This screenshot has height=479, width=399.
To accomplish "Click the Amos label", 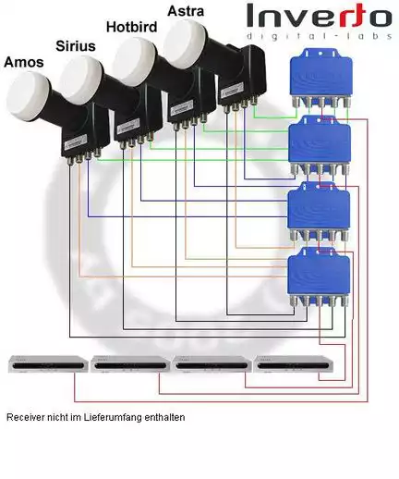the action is pyautogui.click(x=24, y=62).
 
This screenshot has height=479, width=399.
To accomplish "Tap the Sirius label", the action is pyautogui.click(x=76, y=46).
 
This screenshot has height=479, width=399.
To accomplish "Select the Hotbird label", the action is pyautogui.click(x=131, y=27).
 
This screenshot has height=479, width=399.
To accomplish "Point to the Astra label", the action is pyautogui.click(x=186, y=11).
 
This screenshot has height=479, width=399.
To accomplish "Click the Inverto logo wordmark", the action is pyautogui.click(x=319, y=16).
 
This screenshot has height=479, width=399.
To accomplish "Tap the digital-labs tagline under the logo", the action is pyautogui.click(x=319, y=36).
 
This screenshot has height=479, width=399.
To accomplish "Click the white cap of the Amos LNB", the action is pyautogui.click(x=29, y=96).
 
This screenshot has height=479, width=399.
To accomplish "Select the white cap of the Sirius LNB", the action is pyautogui.click(x=80, y=80).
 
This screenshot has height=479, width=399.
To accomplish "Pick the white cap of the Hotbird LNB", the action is pyautogui.click(x=134, y=61).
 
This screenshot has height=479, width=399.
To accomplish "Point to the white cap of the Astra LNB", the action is pyautogui.click(x=186, y=43).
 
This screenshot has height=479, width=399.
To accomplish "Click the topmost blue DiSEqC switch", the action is pyautogui.click(x=321, y=78).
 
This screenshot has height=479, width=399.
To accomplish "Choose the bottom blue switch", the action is pyautogui.click(x=319, y=277).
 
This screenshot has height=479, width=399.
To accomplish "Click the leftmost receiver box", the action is pyautogui.click(x=48, y=363).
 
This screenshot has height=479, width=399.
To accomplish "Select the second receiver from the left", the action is pyautogui.click(x=130, y=363).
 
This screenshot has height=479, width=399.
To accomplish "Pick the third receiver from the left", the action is pyautogui.click(x=212, y=363).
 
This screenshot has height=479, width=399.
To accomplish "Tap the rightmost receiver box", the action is pyautogui.click(x=294, y=363).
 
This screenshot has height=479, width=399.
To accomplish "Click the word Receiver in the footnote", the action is pyautogui.click(x=26, y=417).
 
